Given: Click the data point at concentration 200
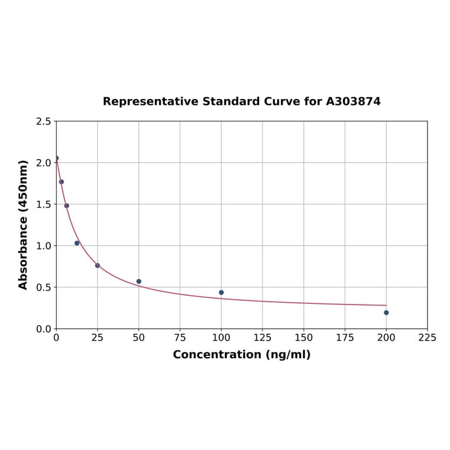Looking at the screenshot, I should (386, 313).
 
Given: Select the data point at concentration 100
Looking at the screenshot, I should (221, 293).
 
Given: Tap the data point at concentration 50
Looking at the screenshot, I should (139, 282).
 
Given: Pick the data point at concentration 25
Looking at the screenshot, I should (98, 266).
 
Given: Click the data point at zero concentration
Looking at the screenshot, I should (57, 158).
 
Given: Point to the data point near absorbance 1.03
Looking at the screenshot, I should (77, 243).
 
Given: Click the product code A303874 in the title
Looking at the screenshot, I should (353, 101).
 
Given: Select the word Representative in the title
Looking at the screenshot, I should (150, 101).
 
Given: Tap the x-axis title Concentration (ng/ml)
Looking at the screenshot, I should (241, 355).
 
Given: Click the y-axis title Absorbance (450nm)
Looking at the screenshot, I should (24, 224).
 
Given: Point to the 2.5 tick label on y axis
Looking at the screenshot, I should (44, 121).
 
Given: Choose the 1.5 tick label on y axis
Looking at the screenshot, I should (44, 204).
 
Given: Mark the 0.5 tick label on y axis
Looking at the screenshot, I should (44, 287).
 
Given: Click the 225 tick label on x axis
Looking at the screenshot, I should (428, 337).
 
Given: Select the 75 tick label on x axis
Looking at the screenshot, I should (180, 337).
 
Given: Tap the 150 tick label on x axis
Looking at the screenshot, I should (304, 337).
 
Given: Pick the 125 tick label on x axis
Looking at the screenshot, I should (263, 337).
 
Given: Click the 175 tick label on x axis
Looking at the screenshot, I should (345, 337).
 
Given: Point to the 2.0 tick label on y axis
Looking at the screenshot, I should (44, 163).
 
